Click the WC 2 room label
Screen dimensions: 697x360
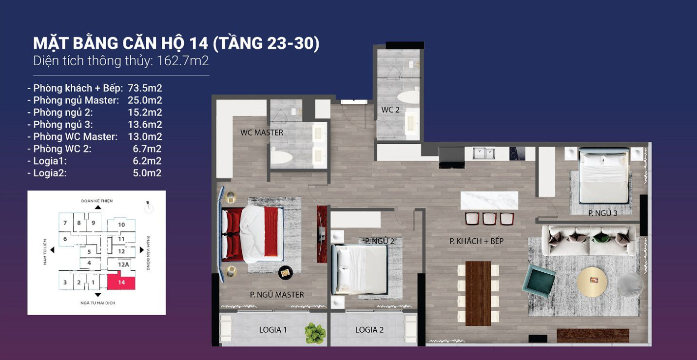[x=390, y=110]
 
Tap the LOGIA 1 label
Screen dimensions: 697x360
[x=273, y=330]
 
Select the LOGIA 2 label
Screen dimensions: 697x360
[x=369, y=330]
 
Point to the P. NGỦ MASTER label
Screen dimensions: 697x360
[x=277, y=295]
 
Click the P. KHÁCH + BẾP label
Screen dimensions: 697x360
[x=476, y=241]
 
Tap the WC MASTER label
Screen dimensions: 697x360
[x=262, y=133]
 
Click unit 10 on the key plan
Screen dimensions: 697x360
[x=121, y=225]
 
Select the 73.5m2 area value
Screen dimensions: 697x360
[x=145, y=88]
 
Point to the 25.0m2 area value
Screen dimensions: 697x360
[x=145, y=100]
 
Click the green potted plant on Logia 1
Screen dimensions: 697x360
[x=314, y=333]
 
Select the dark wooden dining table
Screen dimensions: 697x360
[x=478, y=293]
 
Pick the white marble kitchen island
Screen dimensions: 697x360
[x=489, y=201]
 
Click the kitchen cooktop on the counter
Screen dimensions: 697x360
[x=517, y=153]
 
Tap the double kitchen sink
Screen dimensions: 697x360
[x=484, y=153]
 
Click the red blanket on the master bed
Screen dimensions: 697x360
[x=271, y=231]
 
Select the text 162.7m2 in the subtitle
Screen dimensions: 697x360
[x=183, y=60]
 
